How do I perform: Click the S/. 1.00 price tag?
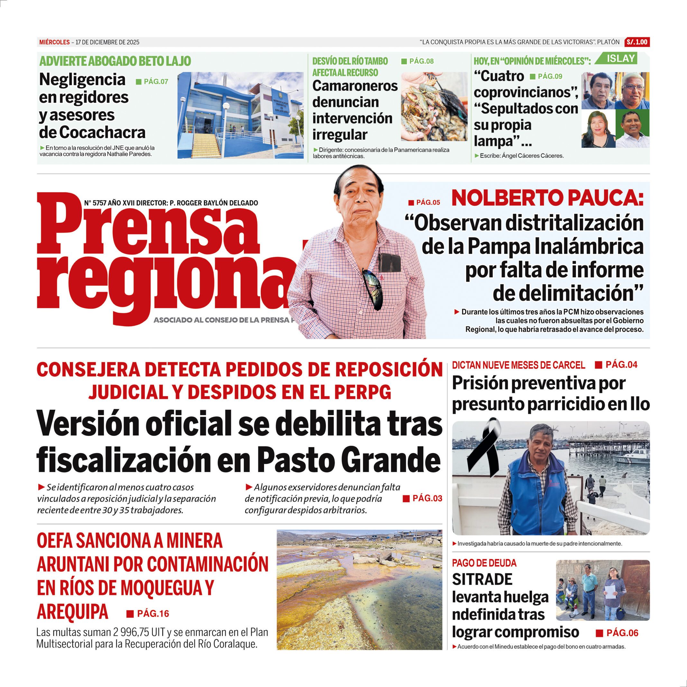[637, 42]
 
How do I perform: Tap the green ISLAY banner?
[620, 59]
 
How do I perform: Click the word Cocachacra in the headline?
[102, 133]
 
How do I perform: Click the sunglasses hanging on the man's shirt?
[373, 289]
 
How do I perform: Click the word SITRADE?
[482, 579]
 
